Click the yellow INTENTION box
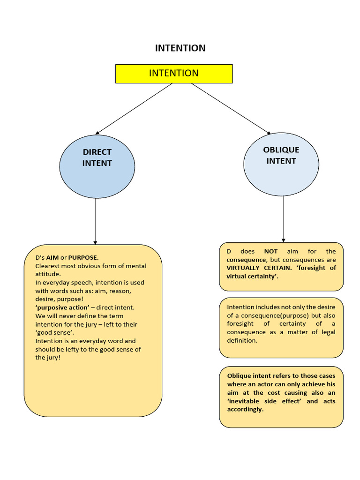pos(174,74)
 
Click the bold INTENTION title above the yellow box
pos(180,48)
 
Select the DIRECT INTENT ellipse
pos(97,166)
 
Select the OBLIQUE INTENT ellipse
pos(281,164)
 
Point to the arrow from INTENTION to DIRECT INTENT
pos(134,109)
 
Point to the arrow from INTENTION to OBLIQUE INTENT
pos(231,109)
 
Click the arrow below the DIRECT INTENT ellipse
pos(95,220)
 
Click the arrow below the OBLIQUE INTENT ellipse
pos(283,218)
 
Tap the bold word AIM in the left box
pos(52,257)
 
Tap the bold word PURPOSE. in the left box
pos(83,257)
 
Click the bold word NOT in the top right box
pos(271,251)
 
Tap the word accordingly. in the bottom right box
pos(245,409)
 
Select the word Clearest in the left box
pos(49,266)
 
